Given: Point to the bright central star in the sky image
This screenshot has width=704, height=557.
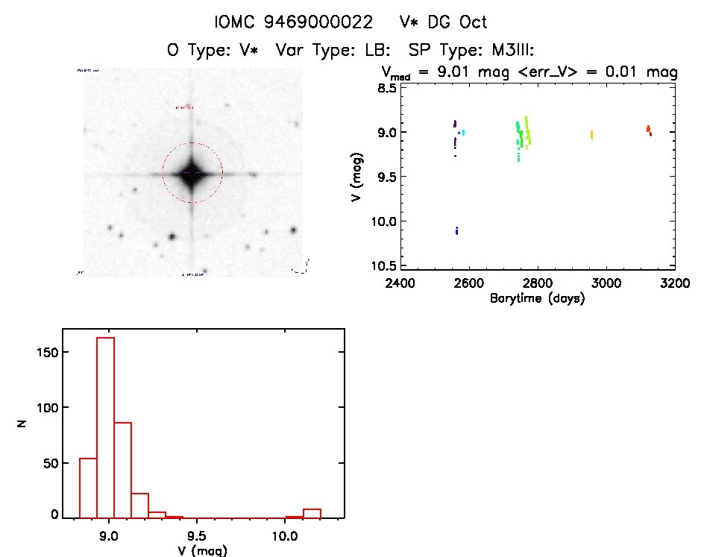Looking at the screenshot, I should coord(192,172).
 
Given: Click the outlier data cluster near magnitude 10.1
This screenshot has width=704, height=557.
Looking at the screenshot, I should coord(456,231).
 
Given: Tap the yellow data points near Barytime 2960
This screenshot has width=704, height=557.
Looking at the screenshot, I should coord(591,134).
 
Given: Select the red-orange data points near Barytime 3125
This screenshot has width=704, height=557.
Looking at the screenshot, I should coord(649,130).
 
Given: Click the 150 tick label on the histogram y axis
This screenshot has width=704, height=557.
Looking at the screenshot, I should coord(48,351).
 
